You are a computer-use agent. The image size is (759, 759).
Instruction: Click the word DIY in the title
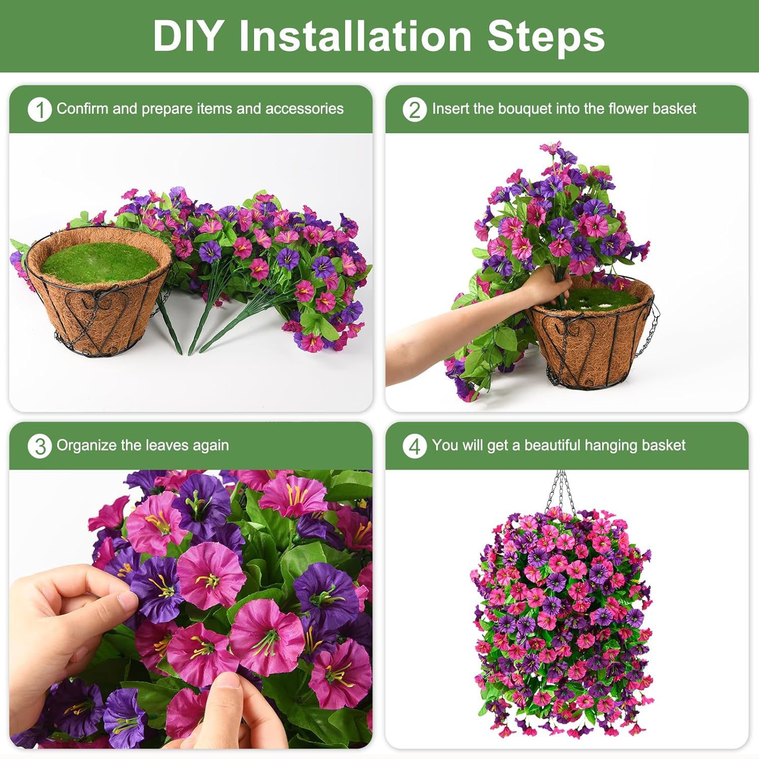(187, 36)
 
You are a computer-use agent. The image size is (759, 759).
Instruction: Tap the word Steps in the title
(546, 36)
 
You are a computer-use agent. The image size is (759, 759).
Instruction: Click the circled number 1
(39, 109)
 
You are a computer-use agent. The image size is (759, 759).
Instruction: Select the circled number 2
(414, 109)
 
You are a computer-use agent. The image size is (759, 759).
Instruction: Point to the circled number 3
(39, 446)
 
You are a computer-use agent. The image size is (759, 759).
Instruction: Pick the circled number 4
(414, 446)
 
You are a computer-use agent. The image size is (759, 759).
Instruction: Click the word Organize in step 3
(84, 445)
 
